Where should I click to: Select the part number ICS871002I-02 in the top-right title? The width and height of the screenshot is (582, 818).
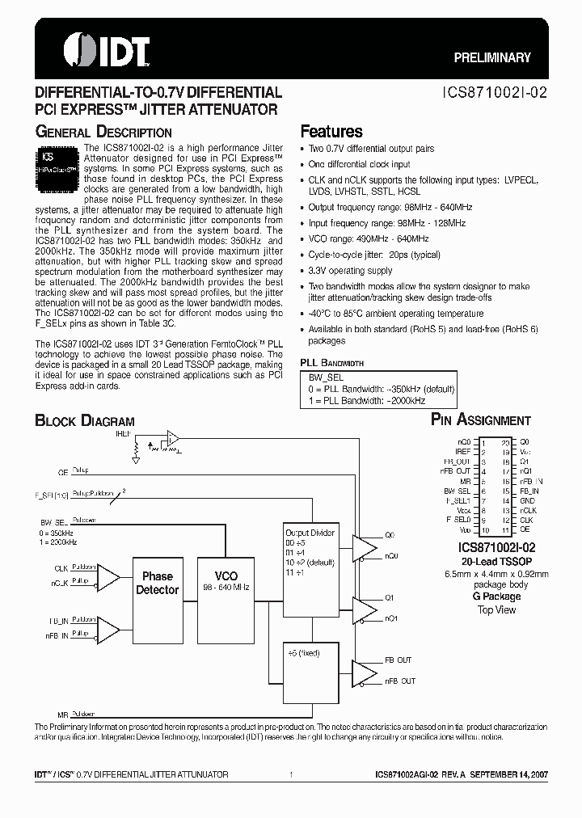pos(496,92)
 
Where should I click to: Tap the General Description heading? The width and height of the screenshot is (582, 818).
pos(103,132)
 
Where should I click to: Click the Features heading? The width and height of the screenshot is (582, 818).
pos(331,131)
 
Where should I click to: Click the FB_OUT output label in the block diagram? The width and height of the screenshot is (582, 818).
pos(399,660)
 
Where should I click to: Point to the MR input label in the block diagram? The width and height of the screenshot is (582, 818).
pos(62,715)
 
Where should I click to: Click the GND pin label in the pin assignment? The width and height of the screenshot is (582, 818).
pos(526,501)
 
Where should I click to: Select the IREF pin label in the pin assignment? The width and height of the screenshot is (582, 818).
pos(464,453)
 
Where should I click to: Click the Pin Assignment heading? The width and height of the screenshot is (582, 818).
pos(480,420)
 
